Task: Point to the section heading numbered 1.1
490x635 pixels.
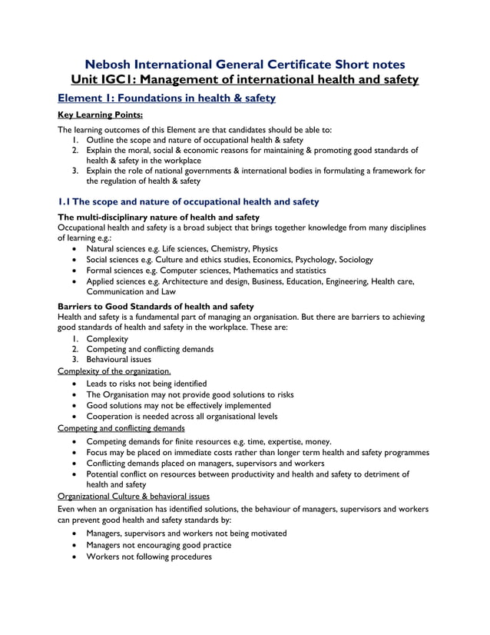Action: [x=188, y=201]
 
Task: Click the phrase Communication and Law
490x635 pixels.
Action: [x=131, y=292]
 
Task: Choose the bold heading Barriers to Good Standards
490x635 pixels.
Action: [x=156, y=306]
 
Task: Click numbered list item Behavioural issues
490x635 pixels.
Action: [x=118, y=359]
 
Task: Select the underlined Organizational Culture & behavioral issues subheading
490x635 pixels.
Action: [x=134, y=497]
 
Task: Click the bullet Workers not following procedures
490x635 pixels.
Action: [x=149, y=557]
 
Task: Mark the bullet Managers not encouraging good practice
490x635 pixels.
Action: [x=159, y=545]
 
